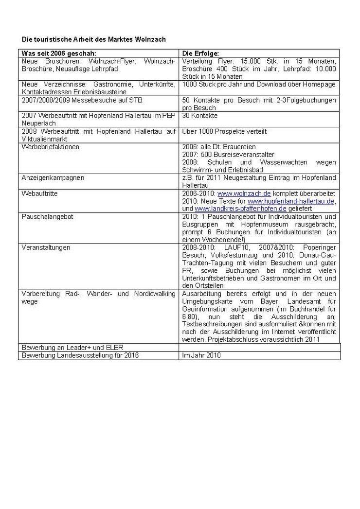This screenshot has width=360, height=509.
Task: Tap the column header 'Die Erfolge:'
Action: (x=200, y=53)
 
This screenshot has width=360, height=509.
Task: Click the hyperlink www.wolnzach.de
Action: (x=244, y=193)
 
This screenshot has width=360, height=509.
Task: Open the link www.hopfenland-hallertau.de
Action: (x=291, y=201)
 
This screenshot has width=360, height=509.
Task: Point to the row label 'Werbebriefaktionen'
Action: (x=50, y=147)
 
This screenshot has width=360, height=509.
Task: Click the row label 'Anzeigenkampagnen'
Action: (x=53, y=178)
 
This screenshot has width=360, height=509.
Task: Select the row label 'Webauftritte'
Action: (x=39, y=193)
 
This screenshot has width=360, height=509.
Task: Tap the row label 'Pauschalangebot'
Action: (x=47, y=217)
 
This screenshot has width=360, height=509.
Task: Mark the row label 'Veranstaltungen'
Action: (x=46, y=247)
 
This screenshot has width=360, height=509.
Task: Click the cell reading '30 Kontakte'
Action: (x=200, y=116)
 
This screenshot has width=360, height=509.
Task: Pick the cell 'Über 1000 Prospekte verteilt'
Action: (x=224, y=131)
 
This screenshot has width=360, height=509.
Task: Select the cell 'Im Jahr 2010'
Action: (x=201, y=355)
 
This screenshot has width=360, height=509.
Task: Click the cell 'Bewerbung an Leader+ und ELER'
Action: (x=72, y=348)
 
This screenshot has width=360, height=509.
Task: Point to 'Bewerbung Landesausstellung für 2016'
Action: (x=80, y=355)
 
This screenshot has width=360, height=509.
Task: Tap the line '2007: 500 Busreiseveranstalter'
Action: (x=228, y=155)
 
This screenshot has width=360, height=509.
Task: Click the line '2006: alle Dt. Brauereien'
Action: (x=218, y=147)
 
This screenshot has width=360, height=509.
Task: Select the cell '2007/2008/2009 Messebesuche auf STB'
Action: (x=82, y=100)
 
